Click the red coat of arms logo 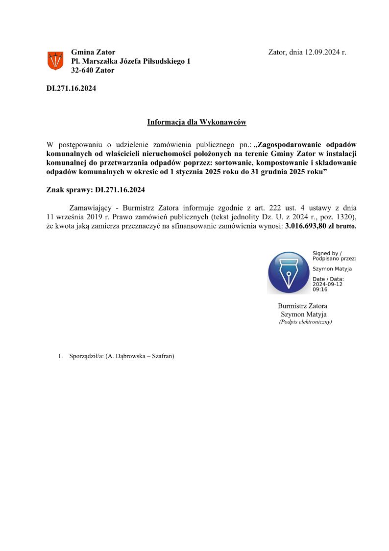tap(55, 61)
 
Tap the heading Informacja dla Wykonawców tap(196, 122)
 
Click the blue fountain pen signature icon tap(289, 273)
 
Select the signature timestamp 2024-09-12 tap(327, 284)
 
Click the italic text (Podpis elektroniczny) tap(305, 322)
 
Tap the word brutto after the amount tap(346, 227)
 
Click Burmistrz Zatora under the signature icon tap(302, 306)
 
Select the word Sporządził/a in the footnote tap(86, 356)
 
